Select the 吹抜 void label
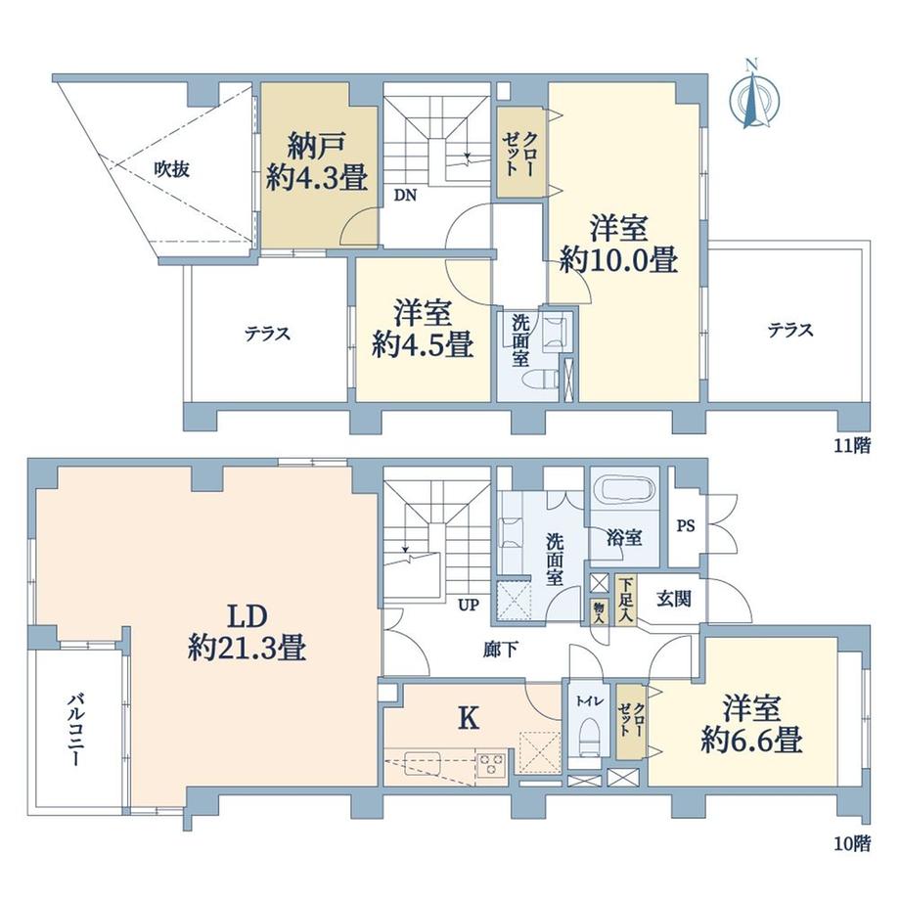[x=170, y=168]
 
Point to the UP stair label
[x=470, y=604]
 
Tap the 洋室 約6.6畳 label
[x=750, y=724]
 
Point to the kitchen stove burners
[x=490, y=761]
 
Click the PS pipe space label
[x=686, y=525]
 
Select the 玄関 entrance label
[x=674, y=598]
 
